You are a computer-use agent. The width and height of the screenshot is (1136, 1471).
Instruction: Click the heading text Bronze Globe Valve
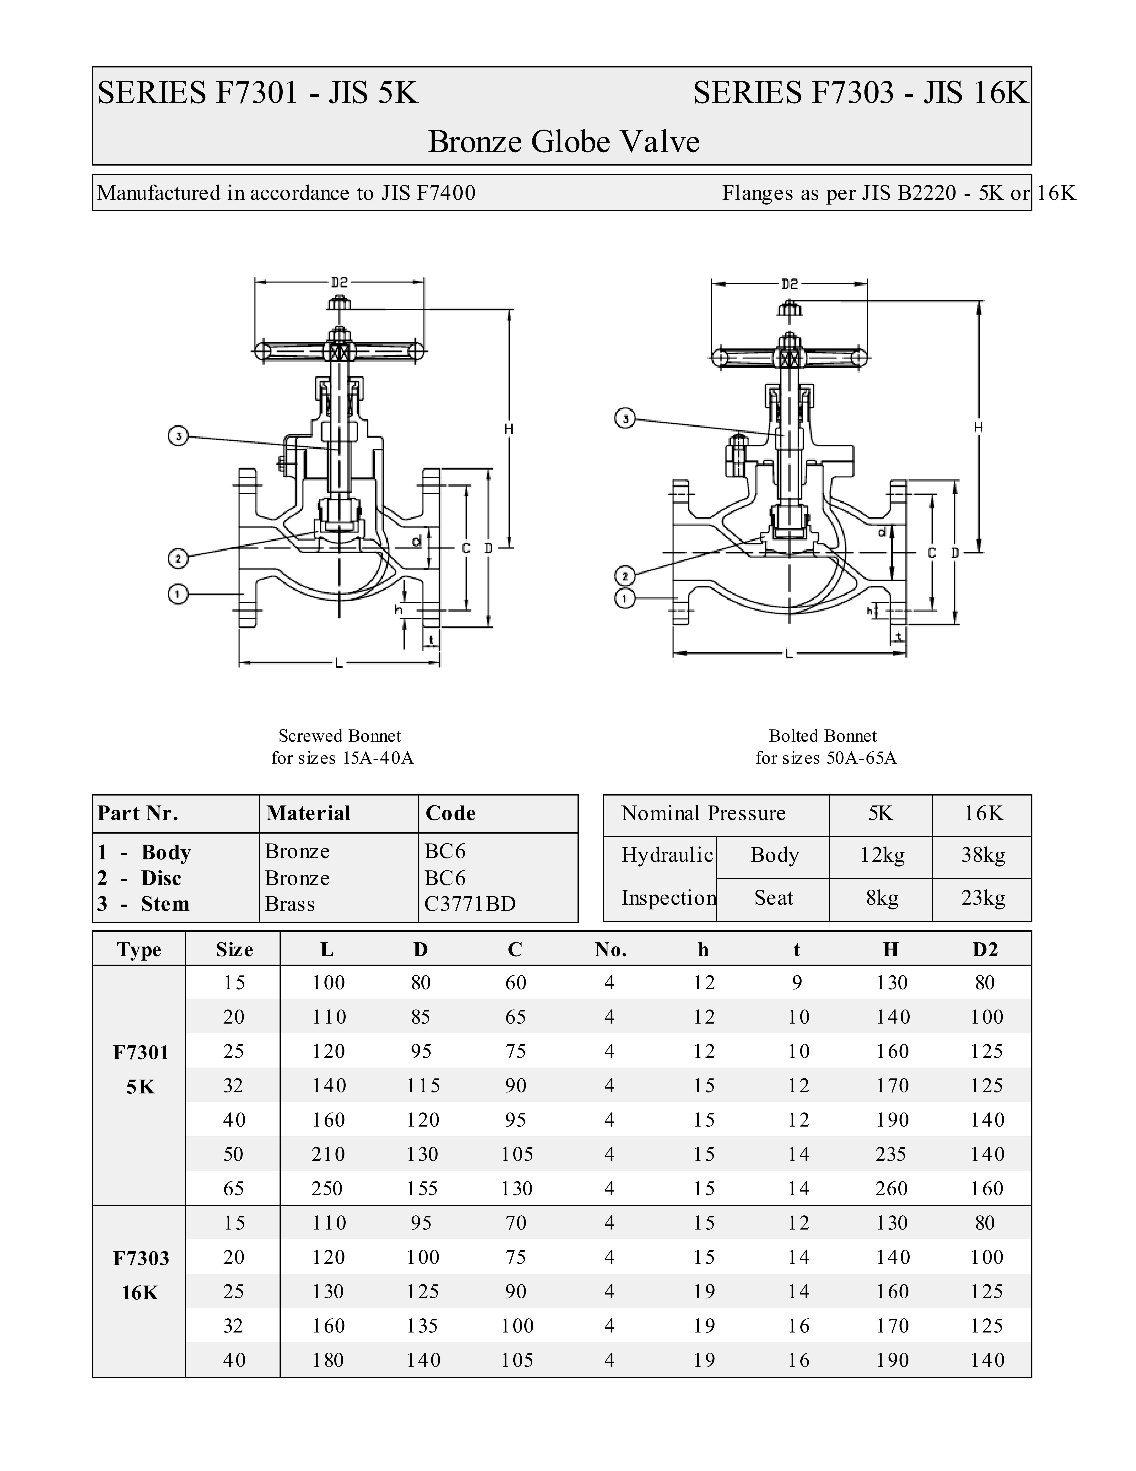pyautogui.click(x=564, y=141)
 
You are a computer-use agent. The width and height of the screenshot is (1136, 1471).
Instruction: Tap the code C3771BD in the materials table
pyautogui.click(x=470, y=904)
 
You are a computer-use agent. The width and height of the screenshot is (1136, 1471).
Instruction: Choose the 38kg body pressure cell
pyautogui.click(x=982, y=855)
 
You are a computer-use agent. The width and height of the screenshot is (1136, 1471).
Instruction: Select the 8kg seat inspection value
pyautogui.click(x=881, y=898)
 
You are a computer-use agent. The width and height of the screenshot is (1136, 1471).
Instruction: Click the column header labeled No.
pyautogui.click(x=610, y=950)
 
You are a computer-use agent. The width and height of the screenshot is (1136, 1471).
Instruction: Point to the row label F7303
pyautogui.click(x=141, y=1258)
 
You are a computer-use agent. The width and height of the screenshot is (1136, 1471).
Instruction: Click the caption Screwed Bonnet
pyautogui.click(x=340, y=735)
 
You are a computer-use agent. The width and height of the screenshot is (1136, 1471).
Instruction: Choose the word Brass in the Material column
pyautogui.click(x=290, y=904)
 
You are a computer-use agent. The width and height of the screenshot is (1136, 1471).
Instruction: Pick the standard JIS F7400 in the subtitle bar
pyautogui.click(x=429, y=193)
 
